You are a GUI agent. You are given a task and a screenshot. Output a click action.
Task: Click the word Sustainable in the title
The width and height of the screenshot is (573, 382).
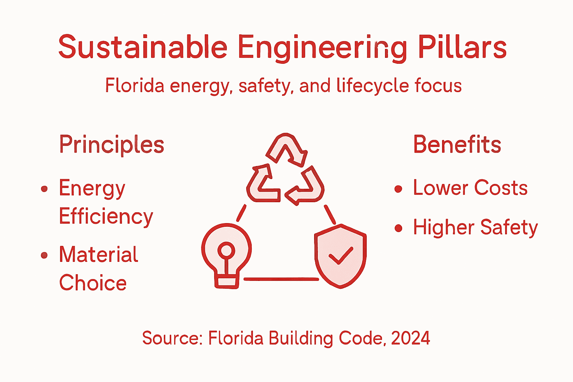pyautogui.click(x=143, y=47)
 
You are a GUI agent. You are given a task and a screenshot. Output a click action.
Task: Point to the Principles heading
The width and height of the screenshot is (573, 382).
pyautogui.click(x=112, y=145)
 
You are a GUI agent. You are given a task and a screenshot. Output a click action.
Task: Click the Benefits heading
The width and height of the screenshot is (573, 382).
pyautogui.click(x=457, y=144)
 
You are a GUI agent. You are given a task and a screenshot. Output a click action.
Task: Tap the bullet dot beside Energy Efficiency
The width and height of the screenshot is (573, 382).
pyautogui.click(x=44, y=189)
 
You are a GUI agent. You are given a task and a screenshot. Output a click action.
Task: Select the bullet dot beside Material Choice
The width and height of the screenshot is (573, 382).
pyautogui.click(x=44, y=255)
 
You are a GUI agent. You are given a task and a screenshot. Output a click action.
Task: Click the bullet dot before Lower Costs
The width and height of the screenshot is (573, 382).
pyautogui.click(x=398, y=189)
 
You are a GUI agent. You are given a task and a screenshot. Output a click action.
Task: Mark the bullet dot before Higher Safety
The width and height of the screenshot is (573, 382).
pyautogui.click(x=398, y=228)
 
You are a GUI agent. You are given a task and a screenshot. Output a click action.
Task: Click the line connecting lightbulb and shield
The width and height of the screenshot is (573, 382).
pyautogui.click(x=281, y=279)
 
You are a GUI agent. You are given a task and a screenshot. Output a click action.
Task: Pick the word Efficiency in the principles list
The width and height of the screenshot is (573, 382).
pyautogui.click(x=106, y=217)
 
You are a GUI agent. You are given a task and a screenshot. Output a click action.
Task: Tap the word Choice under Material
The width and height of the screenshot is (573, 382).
pyautogui.click(x=93, y=283)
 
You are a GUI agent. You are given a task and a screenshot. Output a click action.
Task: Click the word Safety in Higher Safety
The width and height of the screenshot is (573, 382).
pyautogui.click(x=509, y=228)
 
